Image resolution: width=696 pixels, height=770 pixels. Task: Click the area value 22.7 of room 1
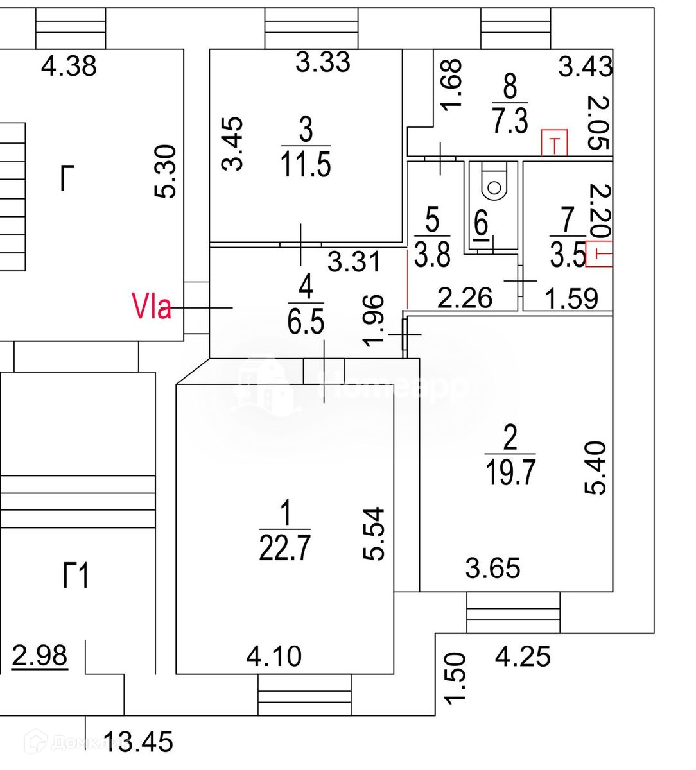click(284, 549)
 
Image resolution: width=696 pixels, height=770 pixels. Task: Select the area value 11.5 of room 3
click(306, 164)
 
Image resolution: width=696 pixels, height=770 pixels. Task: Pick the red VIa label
click(152, 306)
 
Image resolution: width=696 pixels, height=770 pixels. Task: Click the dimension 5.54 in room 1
click(374, 534)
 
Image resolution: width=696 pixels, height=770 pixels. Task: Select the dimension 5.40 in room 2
click(595, 467)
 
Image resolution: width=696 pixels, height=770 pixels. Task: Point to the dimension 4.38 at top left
click(69, 65)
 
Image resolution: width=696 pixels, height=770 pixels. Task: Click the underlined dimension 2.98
click(40, 656)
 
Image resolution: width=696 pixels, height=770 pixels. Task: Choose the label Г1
click(76, 576)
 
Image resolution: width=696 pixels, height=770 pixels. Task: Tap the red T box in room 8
click(555, 142)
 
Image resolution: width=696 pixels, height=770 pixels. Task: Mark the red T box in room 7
click(600, 253)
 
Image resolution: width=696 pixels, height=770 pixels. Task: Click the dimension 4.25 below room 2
click(523, 657)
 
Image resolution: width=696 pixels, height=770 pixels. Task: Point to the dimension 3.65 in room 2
click(492, 568)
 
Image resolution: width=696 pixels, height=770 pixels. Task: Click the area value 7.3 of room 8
click(510, 121)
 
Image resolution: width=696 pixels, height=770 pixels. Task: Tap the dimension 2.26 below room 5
click(465, 298)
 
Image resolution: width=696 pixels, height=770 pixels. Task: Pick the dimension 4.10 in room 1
click(274, 656)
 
